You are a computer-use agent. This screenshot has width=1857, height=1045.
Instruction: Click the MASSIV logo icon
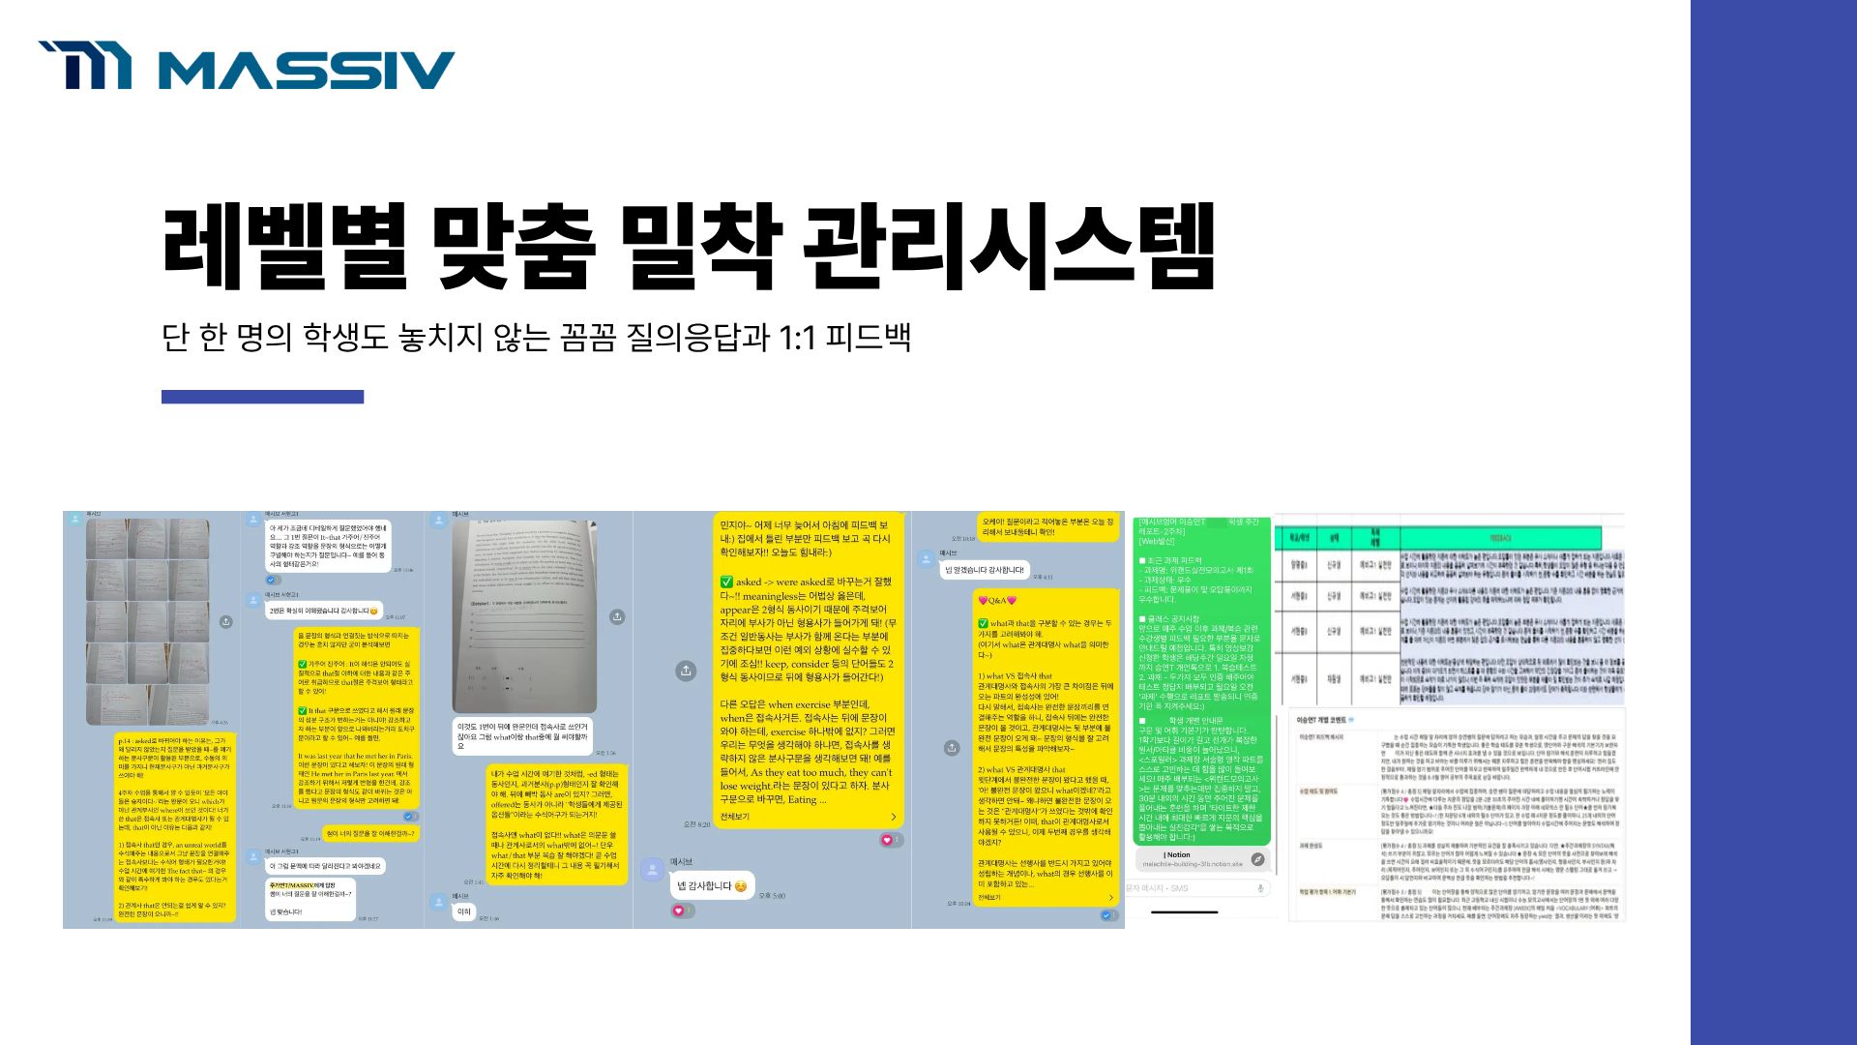(85, 65)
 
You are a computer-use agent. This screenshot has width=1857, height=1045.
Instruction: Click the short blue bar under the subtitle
(262, 397)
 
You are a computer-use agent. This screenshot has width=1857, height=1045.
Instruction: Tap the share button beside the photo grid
(226, 621)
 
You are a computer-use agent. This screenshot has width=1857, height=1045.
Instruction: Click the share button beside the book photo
(617, 616)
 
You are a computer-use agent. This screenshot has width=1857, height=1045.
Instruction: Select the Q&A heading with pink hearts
(997, 600)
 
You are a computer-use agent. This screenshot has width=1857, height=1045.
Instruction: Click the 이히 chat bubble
(464, 911)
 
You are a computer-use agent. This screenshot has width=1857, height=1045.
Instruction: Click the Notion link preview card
(1199, 859)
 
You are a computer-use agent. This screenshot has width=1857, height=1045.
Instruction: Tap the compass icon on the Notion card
(1257, 859)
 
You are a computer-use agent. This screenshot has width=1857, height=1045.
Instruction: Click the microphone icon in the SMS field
(1259, 887)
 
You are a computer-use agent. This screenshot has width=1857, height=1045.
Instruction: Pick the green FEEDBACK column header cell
(1500, 538)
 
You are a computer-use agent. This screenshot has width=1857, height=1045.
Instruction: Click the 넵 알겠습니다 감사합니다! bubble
(985, 570)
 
